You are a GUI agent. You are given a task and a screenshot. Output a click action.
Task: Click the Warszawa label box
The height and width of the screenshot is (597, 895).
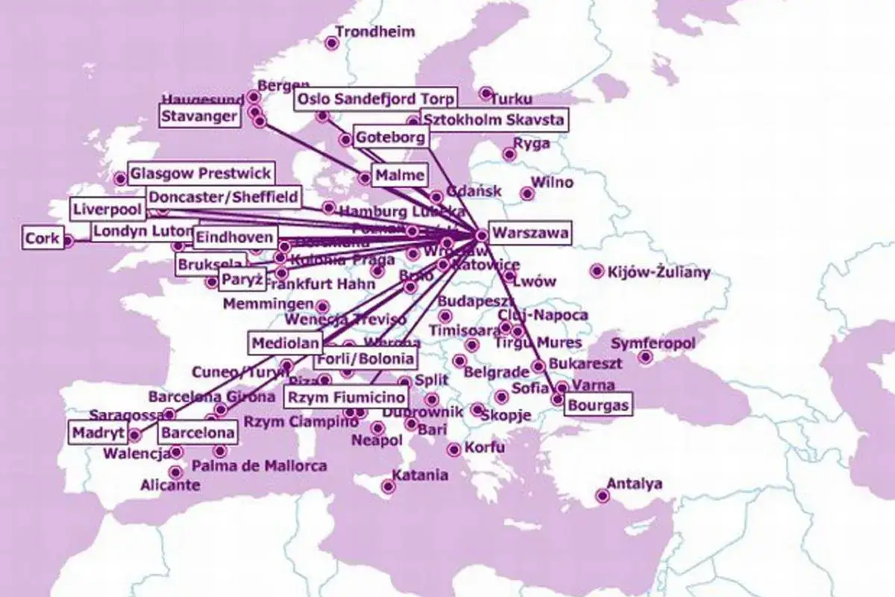(530, 233)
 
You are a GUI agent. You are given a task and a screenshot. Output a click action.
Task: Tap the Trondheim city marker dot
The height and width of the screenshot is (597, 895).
(332, 43)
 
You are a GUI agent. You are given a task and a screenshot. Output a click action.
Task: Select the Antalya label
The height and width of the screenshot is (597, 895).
(634, 484)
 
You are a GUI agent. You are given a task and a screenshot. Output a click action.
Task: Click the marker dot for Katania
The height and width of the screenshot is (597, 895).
(388, 487)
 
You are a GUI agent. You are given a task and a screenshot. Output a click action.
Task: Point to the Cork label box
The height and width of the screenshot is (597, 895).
(42, 239)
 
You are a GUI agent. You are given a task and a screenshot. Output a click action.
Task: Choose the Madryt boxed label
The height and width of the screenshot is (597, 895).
(98, 432)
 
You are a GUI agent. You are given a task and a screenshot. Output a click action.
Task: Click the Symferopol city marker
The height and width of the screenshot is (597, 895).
(646, 357)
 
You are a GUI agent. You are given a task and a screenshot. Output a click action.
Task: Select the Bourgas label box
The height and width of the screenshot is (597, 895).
(597, 406)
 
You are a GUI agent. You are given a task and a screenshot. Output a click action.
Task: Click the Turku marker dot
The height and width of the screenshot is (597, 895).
(486, 94)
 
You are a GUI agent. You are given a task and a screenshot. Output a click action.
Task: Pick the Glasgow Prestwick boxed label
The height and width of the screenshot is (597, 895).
(200, 174)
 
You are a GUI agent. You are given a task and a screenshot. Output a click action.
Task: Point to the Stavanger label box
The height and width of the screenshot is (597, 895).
(201, 116)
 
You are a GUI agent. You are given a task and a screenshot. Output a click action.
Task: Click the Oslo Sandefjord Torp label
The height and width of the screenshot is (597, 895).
(376, 100)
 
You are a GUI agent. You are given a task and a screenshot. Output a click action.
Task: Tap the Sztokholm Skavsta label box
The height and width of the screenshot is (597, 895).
(493, 119)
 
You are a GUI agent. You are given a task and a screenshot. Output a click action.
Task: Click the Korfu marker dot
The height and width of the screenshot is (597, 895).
(453, 449)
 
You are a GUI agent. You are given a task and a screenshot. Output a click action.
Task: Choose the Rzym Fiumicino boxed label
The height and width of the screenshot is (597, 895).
(348, 397)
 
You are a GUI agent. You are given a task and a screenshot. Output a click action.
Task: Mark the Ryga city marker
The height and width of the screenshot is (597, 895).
(509, 154)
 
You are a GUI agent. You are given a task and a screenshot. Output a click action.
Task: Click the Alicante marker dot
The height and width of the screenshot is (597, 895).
(175, 472)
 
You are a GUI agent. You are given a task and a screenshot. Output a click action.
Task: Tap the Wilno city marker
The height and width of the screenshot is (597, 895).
(527, 194)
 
